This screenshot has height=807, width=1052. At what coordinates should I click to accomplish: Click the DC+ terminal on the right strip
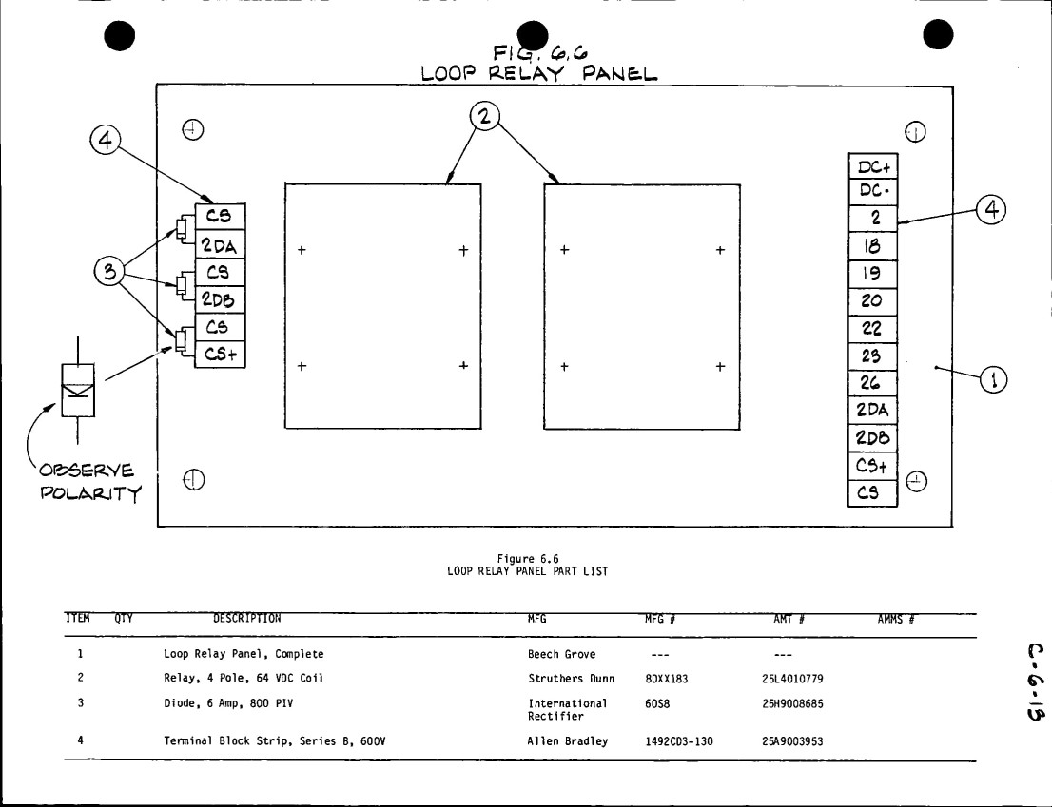[x=873, y=166]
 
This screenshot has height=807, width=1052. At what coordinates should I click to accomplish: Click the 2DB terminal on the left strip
[x=220, y=299]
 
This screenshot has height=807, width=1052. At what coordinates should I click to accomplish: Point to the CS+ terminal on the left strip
[x=220, y=354]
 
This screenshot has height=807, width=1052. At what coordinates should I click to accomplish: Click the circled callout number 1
[x=994, y=380]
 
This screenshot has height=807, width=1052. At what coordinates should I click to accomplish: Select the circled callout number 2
[x=484, y=116]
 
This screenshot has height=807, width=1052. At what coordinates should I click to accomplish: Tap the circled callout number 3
[x=108, y=272]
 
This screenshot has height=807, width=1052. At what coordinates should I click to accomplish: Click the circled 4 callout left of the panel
[x=106, y=140]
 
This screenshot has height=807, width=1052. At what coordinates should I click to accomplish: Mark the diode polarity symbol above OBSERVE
[x=78, y=390]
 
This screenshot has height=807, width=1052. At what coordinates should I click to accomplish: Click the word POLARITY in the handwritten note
[x=91, y=493]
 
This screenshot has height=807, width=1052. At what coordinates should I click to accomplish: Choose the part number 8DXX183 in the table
[x=666, y=679]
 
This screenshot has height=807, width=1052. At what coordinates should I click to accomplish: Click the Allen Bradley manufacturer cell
[x=568, y=741]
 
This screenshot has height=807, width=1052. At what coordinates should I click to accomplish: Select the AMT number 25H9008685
[x=792, y=703]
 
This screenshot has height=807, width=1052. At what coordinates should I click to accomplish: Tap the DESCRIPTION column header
[x=247, y=619]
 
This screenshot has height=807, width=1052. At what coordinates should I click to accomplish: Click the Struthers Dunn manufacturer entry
[x=571, y=679]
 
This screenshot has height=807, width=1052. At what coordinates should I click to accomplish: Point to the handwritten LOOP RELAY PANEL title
[x=538, y=73]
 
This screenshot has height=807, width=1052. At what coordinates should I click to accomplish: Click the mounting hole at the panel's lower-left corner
[x=194, y=480]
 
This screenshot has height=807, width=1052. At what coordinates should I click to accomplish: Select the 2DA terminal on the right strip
[x=873, y=411]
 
